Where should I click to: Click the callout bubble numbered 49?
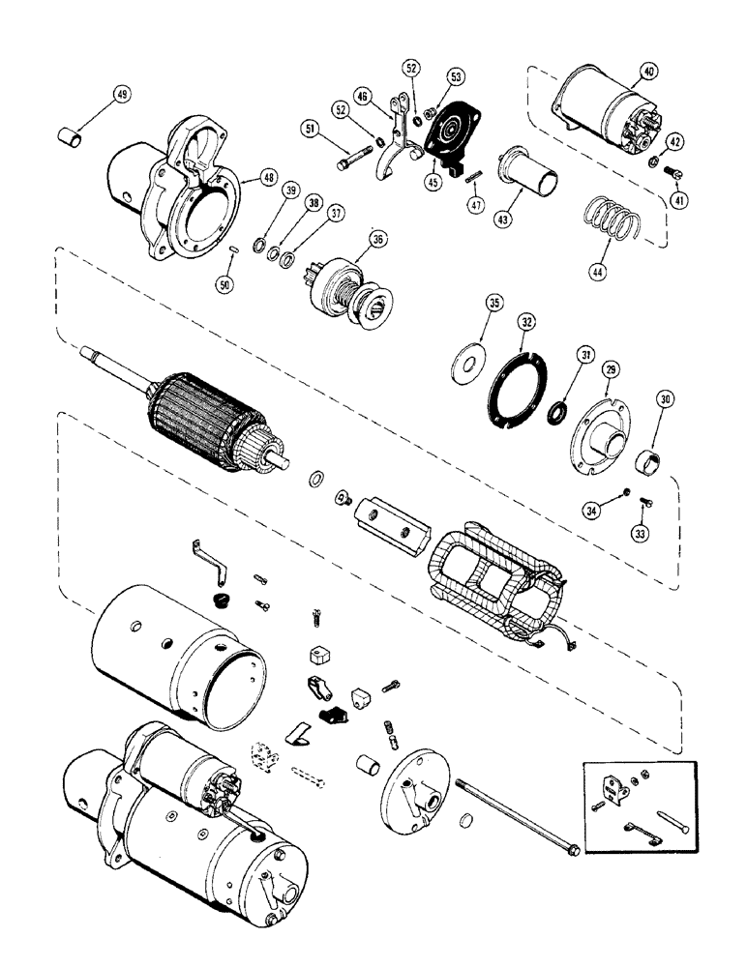coord(121,94)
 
